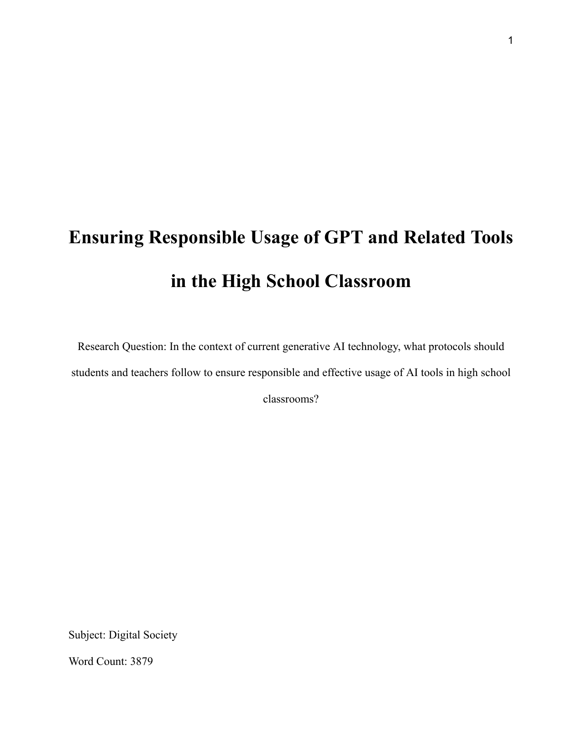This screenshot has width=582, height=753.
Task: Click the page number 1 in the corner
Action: pyautogui.click(x=511, y=41)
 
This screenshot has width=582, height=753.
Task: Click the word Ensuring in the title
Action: pyautogui.click(x=105, y=238)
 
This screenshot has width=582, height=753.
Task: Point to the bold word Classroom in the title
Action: pyautogui.click(x=368, y=281)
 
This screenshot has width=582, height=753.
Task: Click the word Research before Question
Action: pyautogui.click(x=98, y=346)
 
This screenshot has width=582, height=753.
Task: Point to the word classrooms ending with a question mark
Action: pyautogui.click(x=291, y=399)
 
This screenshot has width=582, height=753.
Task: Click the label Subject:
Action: pyautogui.click(x=87, y=635)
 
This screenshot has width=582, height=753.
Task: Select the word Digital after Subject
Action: pyautogui.click(x=124, y=635)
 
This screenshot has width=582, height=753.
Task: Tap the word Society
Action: pyautogui.click(x=160, y=635)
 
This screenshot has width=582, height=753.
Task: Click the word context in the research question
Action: pyautogui.click(x=220, y=346)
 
